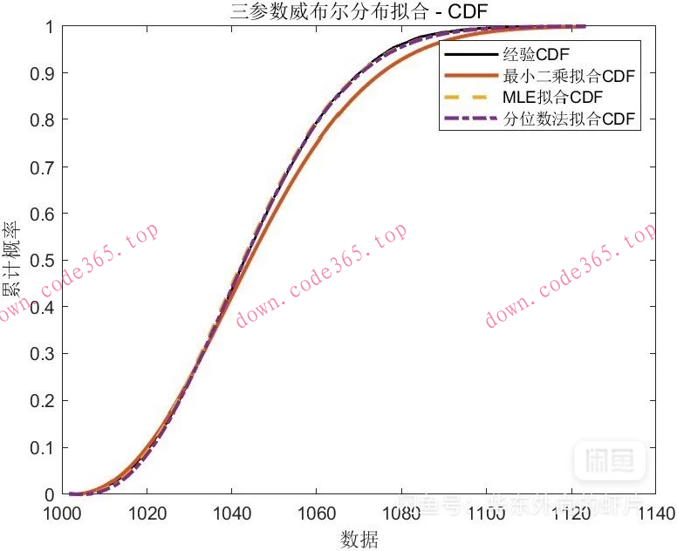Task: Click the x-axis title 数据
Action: click(359, 540)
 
